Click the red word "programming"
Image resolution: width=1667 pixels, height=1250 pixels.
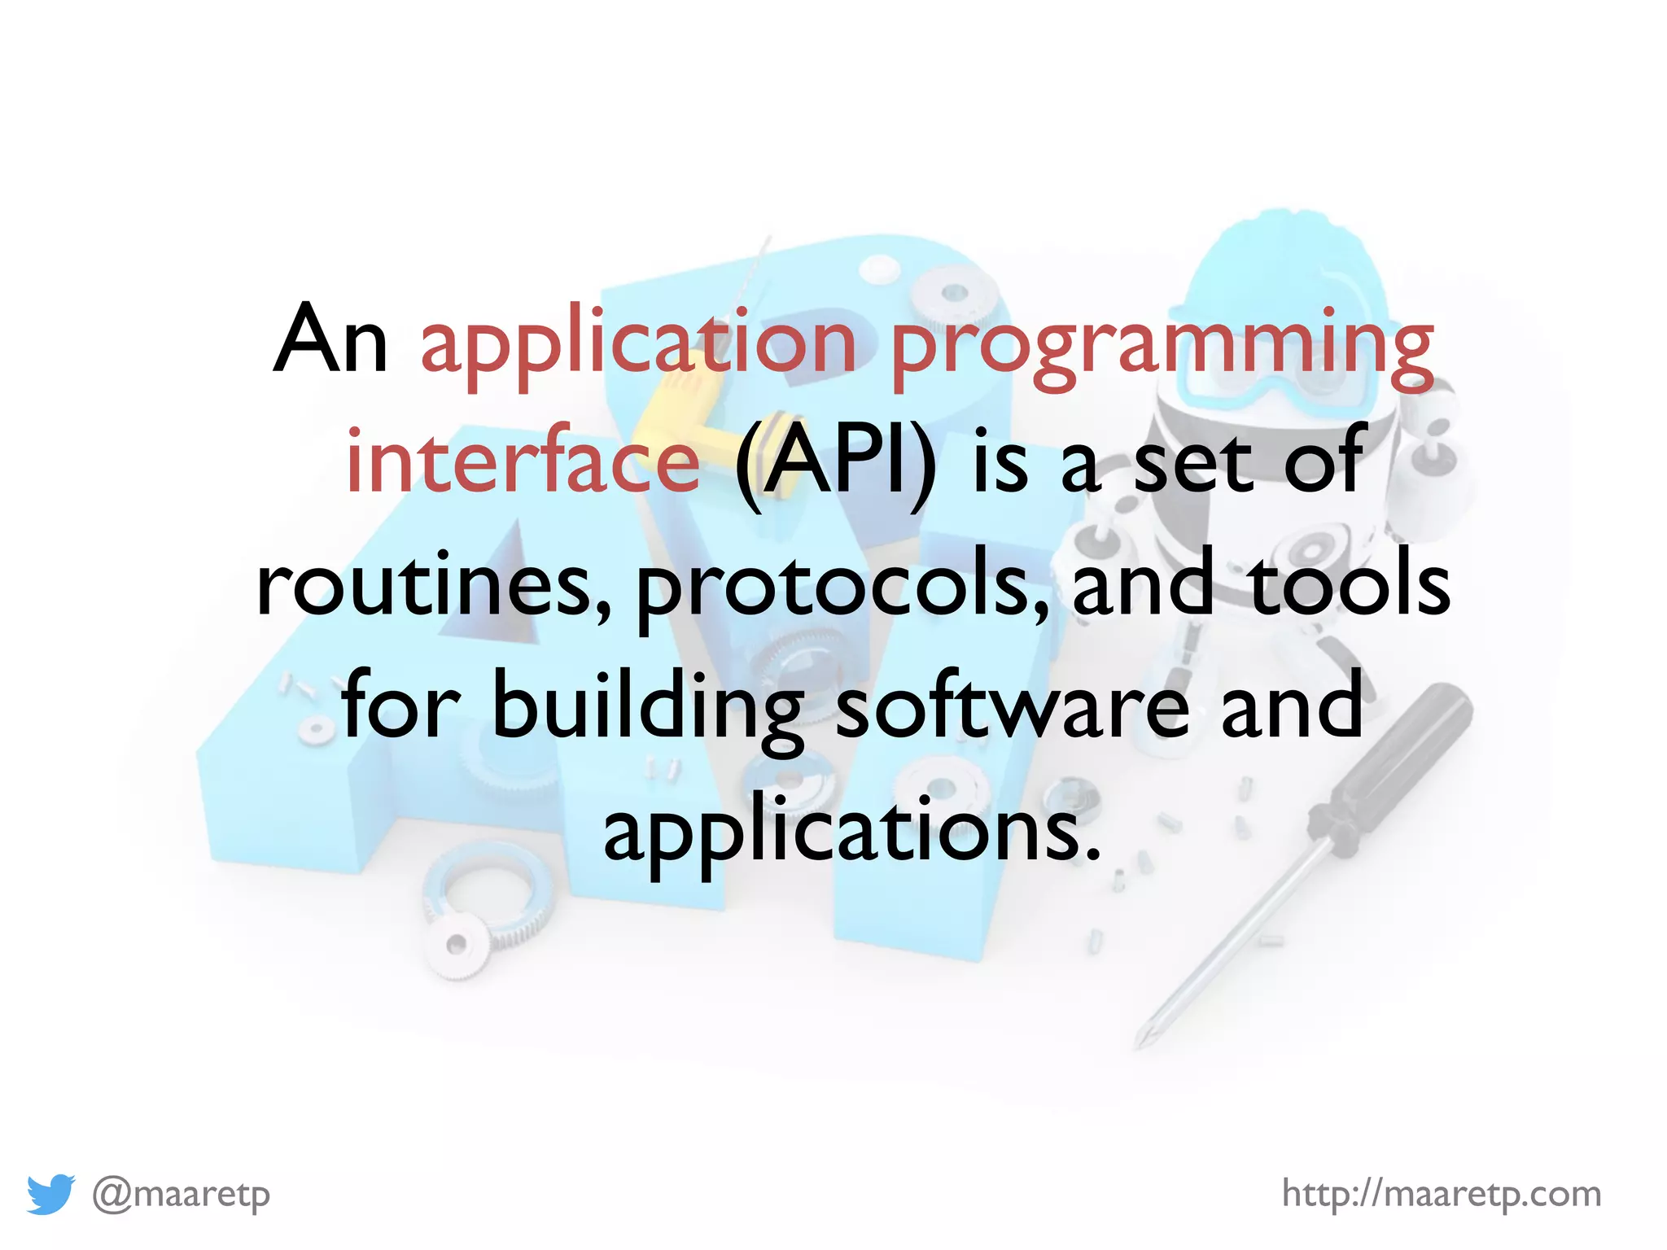tap(1162, 346)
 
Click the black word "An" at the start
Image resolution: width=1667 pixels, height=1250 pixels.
tap(330, 340)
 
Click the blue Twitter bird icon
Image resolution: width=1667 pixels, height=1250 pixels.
tap(50, 1194)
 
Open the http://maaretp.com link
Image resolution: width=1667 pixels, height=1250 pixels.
tap(1441, 1194)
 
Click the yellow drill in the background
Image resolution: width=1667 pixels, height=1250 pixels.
tap(684, 407)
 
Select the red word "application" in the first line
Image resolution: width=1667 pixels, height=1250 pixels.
tap(638, 346)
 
